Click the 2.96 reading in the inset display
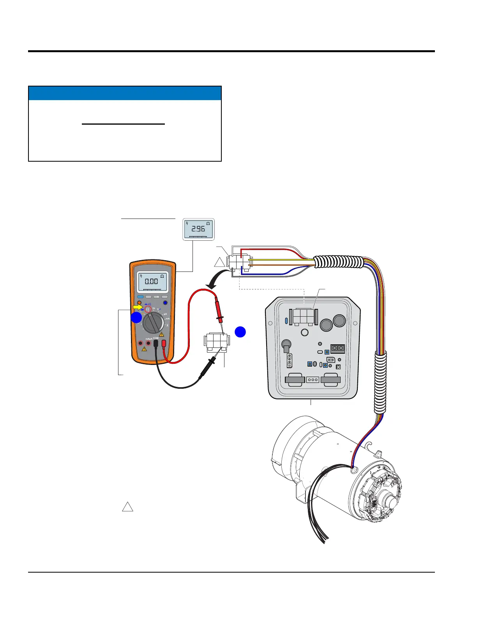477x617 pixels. (198, 229)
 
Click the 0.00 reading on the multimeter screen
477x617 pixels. (151, 281)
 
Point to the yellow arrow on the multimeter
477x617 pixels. (138, 307)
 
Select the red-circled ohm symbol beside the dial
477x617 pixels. (148, 308)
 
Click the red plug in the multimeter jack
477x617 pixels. (164, 344)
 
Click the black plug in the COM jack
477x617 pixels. (155, 344)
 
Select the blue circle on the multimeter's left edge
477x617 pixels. (136, 317)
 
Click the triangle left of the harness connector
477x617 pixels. (220, 262)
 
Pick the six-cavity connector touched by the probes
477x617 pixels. (216, 342)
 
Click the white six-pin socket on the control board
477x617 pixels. (303, 317)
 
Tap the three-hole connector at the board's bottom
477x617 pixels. (313, 379)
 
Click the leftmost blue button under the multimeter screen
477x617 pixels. (140, 297)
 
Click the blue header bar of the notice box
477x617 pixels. (125, 93)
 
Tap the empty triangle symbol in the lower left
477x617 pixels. (128, 507)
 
